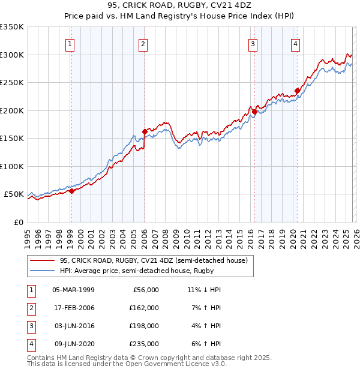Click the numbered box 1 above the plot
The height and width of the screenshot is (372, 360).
click(71, 43)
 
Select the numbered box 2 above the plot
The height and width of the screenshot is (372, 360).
click(144, 43)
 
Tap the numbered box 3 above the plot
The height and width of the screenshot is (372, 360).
click(253, 43)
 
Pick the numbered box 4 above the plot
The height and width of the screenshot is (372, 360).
click(296, 43)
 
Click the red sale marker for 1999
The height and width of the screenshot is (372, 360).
click(71, 191)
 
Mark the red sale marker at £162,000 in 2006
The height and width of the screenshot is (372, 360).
click(145, 131)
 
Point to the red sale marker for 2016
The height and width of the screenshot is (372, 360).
click(254, 112)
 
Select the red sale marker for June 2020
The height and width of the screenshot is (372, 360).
click(297, 91)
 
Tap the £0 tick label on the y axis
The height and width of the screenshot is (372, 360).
click(18, 222)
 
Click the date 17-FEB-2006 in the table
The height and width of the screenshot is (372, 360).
click(73, 308)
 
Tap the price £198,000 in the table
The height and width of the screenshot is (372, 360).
click(143, 326)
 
